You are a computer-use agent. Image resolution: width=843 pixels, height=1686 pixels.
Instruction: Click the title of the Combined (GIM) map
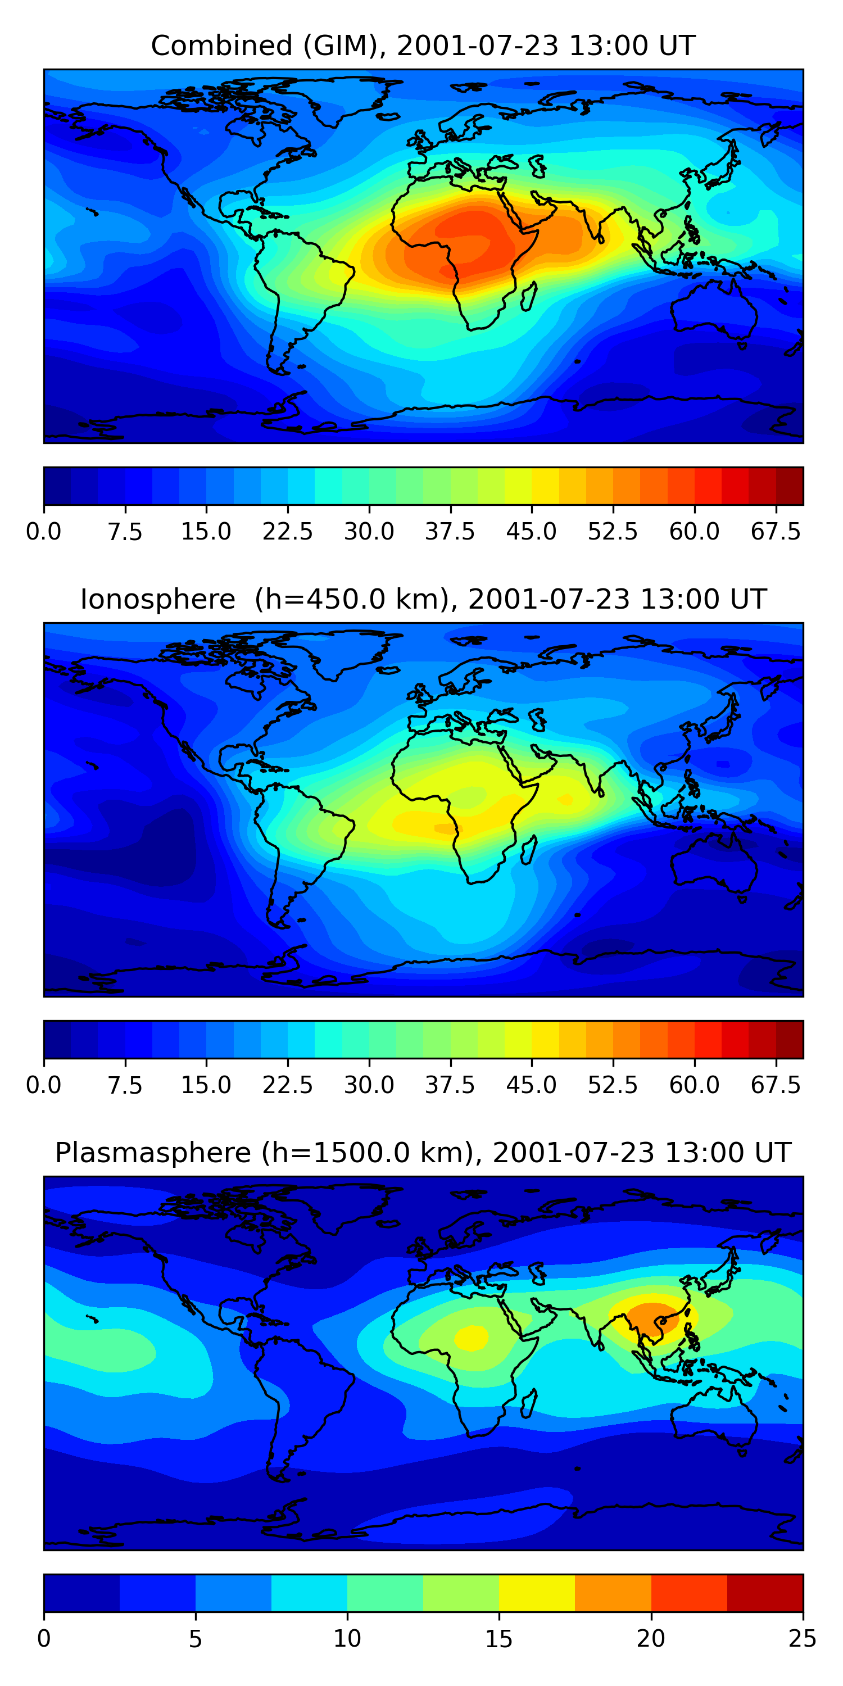click(x=423, y=46)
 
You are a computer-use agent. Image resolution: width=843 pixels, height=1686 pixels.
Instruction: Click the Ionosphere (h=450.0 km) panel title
click(x=423, y=600)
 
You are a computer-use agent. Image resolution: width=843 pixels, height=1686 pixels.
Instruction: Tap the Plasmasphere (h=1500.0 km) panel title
click(x=423, y=1153)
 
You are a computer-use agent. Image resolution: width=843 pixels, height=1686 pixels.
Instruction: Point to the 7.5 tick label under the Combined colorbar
click(x=125, y=532)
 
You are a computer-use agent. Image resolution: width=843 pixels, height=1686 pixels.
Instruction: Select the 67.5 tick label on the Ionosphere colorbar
click(x=776, y=1085)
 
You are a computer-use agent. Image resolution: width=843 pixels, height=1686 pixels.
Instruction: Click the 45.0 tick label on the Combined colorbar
click(x=532, y=532)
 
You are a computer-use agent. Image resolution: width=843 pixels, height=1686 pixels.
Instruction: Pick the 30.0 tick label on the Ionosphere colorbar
click(x=369, y=1085)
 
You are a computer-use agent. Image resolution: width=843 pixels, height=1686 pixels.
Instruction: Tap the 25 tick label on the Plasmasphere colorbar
click(x=803, y=1639)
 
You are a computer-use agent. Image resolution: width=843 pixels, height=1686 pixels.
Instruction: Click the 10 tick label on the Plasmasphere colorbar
click(x=347, y=1639)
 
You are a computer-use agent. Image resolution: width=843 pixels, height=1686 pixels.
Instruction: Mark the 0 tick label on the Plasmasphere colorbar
click(x=44, y=1639)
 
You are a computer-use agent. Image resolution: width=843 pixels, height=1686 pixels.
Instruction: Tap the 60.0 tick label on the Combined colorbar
click(x=695, y=532)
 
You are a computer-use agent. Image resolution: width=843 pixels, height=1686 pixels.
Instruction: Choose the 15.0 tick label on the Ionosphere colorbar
click(x=206, y=1085)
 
